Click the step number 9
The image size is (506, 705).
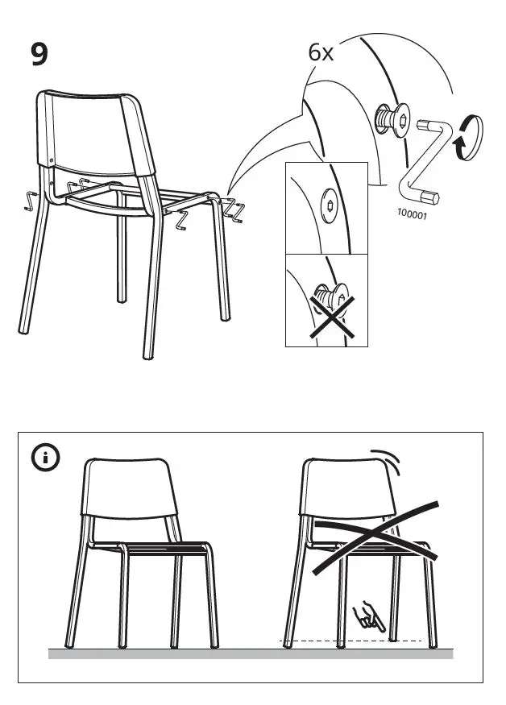pyautogui.click(x=39, y=54)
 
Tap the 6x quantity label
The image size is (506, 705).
pyautogui.click(x=321, y=53)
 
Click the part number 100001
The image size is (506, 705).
pyautogui.click(x=412, y=214)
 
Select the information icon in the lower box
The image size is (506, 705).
pyautogui.click(x=46, y=458)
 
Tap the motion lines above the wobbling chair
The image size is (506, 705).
pyautogui.click(x=388, y=462)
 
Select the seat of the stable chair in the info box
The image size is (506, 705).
pyautogui.click(x=161, y=549)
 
